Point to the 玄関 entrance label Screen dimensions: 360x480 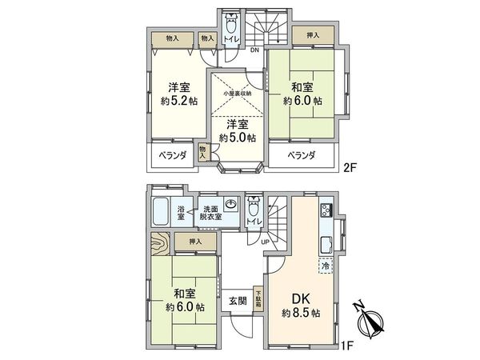[x=238, y=301]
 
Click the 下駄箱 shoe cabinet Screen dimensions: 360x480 [x=258, y=299]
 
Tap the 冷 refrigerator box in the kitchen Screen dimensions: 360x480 [x=326, y=265]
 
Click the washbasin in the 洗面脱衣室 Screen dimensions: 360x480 [x=229, y=204]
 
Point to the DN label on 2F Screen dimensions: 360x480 [x=254, y=51]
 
